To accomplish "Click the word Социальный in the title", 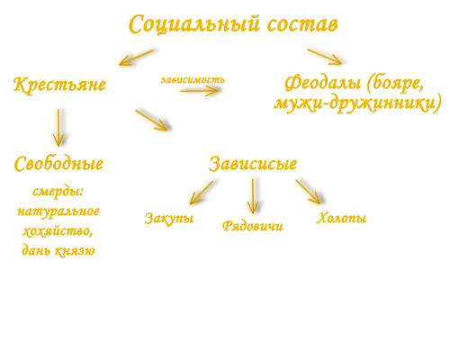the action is tap(194, 24).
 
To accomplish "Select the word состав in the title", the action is tap(302, 24).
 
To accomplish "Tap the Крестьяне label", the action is tap(59, 85).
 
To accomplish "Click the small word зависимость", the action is tap(193, 80).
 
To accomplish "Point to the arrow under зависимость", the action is tap(199, 91).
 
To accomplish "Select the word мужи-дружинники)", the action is tap(357, 103).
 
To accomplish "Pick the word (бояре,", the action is tap(396, 84).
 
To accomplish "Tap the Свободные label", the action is tap(58, 164).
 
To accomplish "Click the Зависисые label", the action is tap(253, 164).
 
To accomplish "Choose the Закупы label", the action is tap(169, 219).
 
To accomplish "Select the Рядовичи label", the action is tap(253, 226).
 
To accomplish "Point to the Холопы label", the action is tap(341, 218).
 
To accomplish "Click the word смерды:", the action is tap(58, 192).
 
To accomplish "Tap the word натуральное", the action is tap(58, 211).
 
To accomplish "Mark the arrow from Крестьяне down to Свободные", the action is tap(58, 128).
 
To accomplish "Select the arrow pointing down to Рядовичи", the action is tap(253, 196).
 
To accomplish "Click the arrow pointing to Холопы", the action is tap(308, 192).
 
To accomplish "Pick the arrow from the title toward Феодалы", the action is tap(325, 57).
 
